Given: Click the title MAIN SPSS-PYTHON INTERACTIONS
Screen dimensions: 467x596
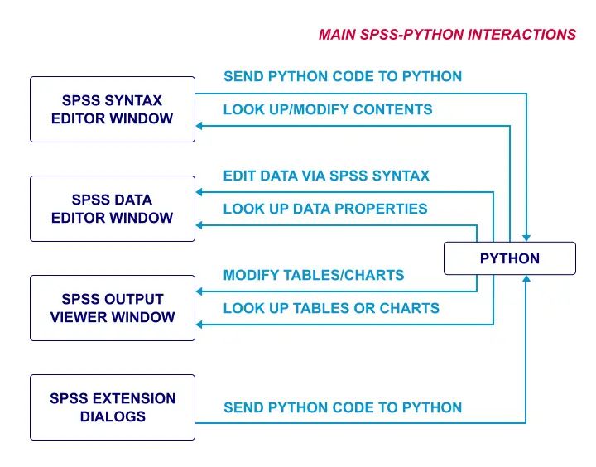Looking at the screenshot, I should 447,35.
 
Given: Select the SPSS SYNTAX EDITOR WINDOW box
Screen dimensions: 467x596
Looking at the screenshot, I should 113,109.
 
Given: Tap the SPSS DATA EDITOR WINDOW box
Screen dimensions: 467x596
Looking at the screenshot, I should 113,209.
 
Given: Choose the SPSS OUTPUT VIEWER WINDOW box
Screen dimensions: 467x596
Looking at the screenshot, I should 113,308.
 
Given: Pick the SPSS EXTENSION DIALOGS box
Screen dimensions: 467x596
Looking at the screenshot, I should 113,407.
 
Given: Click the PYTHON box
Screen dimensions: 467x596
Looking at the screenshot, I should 509,258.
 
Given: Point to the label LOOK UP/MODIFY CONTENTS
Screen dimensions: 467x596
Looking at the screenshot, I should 328,109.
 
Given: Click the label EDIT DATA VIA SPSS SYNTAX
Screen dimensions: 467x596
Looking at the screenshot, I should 326,176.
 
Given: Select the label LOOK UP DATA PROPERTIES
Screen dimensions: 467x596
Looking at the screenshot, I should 325,209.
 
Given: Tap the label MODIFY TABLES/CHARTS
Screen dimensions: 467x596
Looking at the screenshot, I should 314,275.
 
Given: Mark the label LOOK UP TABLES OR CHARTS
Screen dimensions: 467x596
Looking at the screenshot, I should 331,308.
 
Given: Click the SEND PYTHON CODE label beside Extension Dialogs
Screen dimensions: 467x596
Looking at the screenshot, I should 343,407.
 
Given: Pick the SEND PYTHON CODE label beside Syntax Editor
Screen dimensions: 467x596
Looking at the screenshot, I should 343,76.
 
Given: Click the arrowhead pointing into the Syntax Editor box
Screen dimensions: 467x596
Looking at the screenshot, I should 200,126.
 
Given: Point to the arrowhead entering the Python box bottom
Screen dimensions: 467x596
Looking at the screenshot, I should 526,280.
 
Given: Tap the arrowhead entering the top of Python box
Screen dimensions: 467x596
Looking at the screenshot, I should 526,237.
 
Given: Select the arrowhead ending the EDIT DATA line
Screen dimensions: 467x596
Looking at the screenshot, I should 200,192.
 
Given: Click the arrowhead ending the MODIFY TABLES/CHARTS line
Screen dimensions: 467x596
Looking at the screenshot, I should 200,291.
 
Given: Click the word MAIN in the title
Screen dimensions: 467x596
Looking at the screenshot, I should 338,35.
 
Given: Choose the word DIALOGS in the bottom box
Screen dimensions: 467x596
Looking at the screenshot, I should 113,416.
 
